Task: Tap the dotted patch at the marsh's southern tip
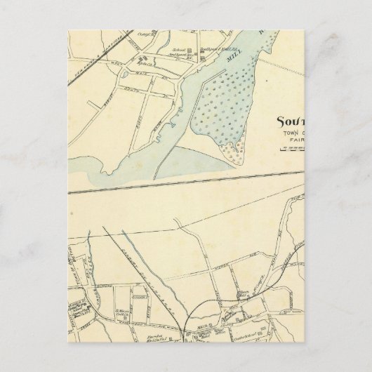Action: click(225, 147)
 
